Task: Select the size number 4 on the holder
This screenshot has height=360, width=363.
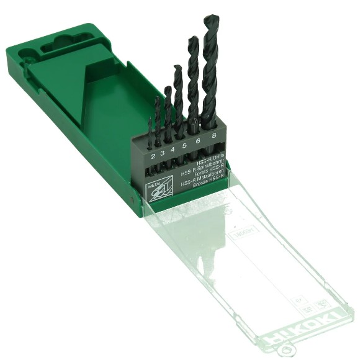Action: tap(172, 150)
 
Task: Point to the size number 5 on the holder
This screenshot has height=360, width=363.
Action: tap(184, 146)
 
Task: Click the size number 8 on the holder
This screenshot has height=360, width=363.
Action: tap(213, 137)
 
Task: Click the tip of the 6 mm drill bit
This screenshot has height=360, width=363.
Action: tap(192, 38)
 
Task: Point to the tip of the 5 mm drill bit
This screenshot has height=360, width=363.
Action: tap(177, 67)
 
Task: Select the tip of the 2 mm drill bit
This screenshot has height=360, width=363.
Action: tap(150, 120)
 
